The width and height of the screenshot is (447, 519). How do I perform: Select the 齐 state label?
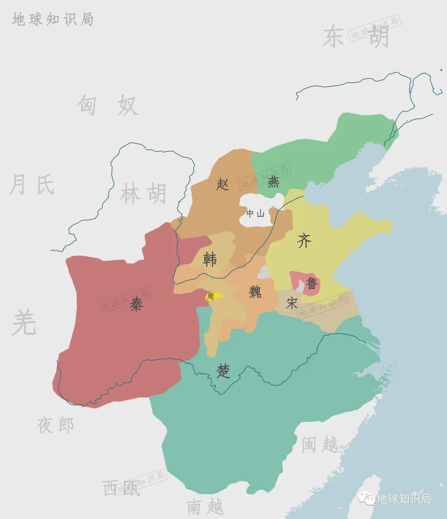(x=304, y=240)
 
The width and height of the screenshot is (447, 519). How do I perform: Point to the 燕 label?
(x=273, y=182)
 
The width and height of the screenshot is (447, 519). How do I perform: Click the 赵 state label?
(x=223, y=184)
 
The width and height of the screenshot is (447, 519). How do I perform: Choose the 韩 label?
(x=210, y=259)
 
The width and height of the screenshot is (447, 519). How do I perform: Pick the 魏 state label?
(x=255, y=292)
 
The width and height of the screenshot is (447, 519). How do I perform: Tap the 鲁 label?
(x=311, y=284)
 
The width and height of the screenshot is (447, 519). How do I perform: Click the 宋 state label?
(x=292, y=303)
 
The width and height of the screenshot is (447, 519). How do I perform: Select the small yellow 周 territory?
(x=214, y=296)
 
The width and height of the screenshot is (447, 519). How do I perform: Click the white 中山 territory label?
(x=255, y=214)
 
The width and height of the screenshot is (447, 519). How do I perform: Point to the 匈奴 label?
(x=107, y=105)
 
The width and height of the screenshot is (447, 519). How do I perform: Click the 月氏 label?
(x=32, y=185)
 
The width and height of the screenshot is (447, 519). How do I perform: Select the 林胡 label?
(x=143, y=193)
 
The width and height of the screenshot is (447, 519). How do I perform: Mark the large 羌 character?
(x=24, y=322)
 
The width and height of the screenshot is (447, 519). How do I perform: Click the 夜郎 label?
(x=55, y=425)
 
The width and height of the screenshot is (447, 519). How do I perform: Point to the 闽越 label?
(x=320, y=445)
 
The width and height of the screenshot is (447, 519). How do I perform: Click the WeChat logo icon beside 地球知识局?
(x=367, y=499)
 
